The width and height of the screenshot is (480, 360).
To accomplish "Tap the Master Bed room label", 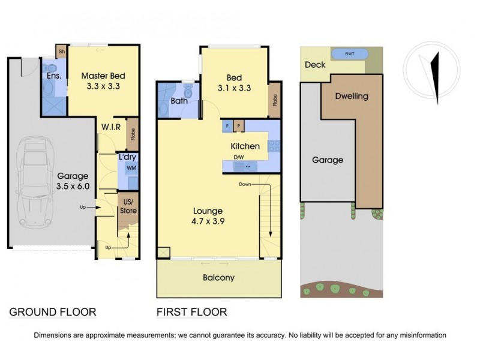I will [x=103, y=76].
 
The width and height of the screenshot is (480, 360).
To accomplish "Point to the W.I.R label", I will [x=112, y=127].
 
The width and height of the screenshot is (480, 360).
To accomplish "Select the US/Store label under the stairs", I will [x=130, y=206].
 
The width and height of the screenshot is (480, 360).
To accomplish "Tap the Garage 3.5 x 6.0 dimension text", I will [x=73, y=181].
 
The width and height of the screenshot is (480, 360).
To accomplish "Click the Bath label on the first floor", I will [x=179, y=101].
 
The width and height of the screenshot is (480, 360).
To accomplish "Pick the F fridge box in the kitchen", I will [x=228, y=126].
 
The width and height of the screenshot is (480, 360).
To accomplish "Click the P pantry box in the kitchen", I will [x=239, y=126].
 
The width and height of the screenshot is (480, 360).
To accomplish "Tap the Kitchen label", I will [x=245, y=146].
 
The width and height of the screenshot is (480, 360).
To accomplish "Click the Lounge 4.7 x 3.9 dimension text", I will [x=208, y=216].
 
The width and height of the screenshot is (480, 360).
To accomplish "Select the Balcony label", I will [x=218, y=278].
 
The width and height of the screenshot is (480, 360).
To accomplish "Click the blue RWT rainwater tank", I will [x=349, y=54].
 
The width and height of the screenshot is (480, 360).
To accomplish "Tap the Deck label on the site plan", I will [x=315, y=65].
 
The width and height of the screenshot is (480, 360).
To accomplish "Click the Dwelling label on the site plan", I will [x=352, y=96].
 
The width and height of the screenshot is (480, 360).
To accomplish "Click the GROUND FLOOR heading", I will [x=53, y=312].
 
